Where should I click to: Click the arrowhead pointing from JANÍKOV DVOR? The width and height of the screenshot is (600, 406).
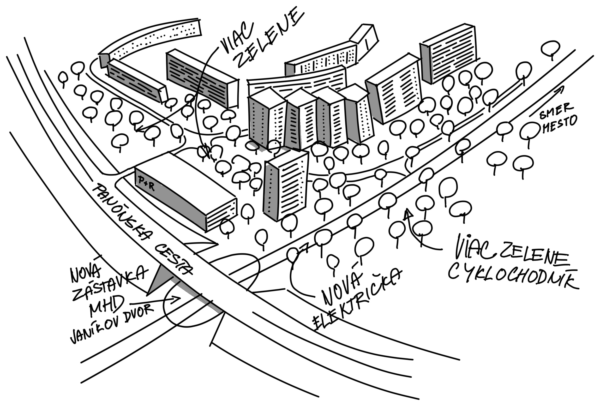[x=178, y=299]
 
